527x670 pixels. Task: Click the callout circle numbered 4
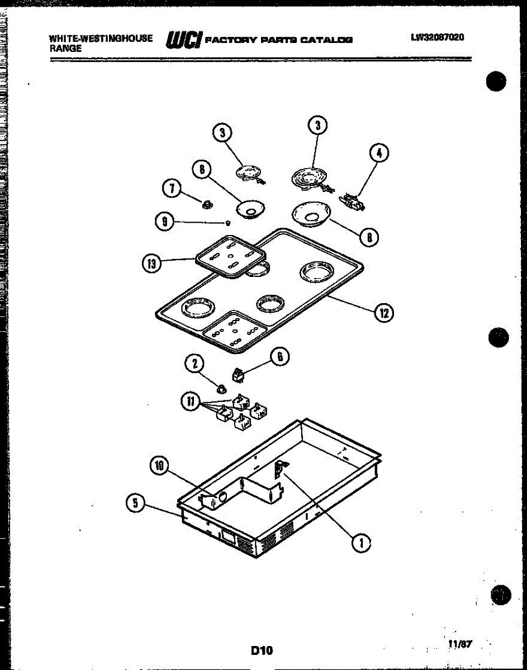click(379, 153)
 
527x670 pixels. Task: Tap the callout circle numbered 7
click(171, 189)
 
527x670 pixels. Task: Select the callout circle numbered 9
click(164, 222)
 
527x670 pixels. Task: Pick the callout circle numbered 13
click(151, 264)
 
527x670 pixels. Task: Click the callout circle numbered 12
click(384, 313)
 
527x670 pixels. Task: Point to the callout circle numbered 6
click(280, 356)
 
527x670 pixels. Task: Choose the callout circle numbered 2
click(194, 365)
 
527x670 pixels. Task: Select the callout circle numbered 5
click(134, 502)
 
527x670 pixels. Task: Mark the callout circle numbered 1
click(362, 542)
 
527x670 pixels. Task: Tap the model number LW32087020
click(438, 38)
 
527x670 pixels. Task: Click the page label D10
click(262, 650)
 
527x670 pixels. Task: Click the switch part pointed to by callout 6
click(238, 376)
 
